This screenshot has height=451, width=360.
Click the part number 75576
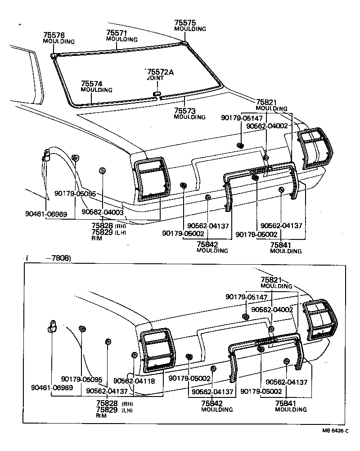pyautogui.click(x=54, y=35)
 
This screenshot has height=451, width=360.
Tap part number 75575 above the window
pyautogui.click(x=185, y=23)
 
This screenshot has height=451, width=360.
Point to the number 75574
pyautogui.click(x=92, y=84)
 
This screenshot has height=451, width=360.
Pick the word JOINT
pyautogui.click(x=155, y=78)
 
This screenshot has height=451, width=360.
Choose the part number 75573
pyautogui.click(x=185, y=111)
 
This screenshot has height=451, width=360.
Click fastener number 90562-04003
pyautogui.click(x=103, y=212)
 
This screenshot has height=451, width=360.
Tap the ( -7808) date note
pyautogui.click(x=49, y=258)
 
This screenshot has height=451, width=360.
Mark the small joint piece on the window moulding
pyautogui.click(x=157, y=94)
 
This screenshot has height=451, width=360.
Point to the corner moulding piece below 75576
pyautogui.click(x=54, y=55)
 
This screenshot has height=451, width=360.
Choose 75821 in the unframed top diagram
pyautogui.click(x=266, y=103)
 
